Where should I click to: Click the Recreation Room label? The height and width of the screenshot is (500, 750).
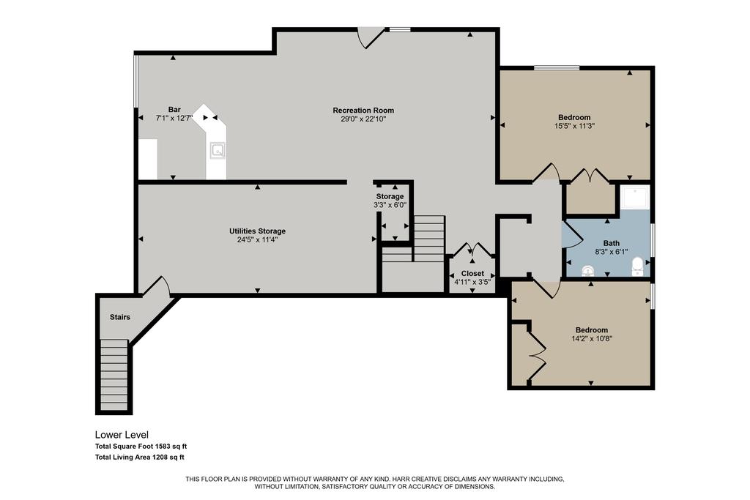(363, 111)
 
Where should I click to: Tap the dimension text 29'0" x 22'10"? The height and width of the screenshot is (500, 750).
(363, 119)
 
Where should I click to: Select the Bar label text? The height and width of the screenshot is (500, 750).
(174, 109)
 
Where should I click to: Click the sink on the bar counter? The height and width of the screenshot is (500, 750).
(218, 151)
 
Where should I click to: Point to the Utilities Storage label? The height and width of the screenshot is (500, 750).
(257, 231)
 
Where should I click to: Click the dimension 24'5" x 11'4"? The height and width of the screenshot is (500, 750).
(257, 239)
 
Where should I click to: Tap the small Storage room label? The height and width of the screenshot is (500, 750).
(390, 197)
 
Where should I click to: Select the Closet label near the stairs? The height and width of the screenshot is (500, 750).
(472, 273)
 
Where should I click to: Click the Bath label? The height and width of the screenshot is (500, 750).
(611, 243)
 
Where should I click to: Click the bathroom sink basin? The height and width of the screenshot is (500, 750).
(587, 271)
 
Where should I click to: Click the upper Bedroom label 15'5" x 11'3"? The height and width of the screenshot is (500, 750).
(574, 117)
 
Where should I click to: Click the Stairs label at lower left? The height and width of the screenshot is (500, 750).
(119, 317)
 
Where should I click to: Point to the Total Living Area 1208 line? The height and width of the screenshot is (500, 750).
(139, 457)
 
